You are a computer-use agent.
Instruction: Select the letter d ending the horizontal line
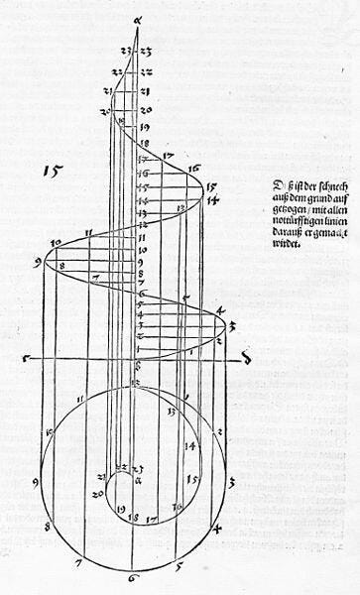(245, 359)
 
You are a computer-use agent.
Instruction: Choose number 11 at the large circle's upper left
(78, 401)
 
